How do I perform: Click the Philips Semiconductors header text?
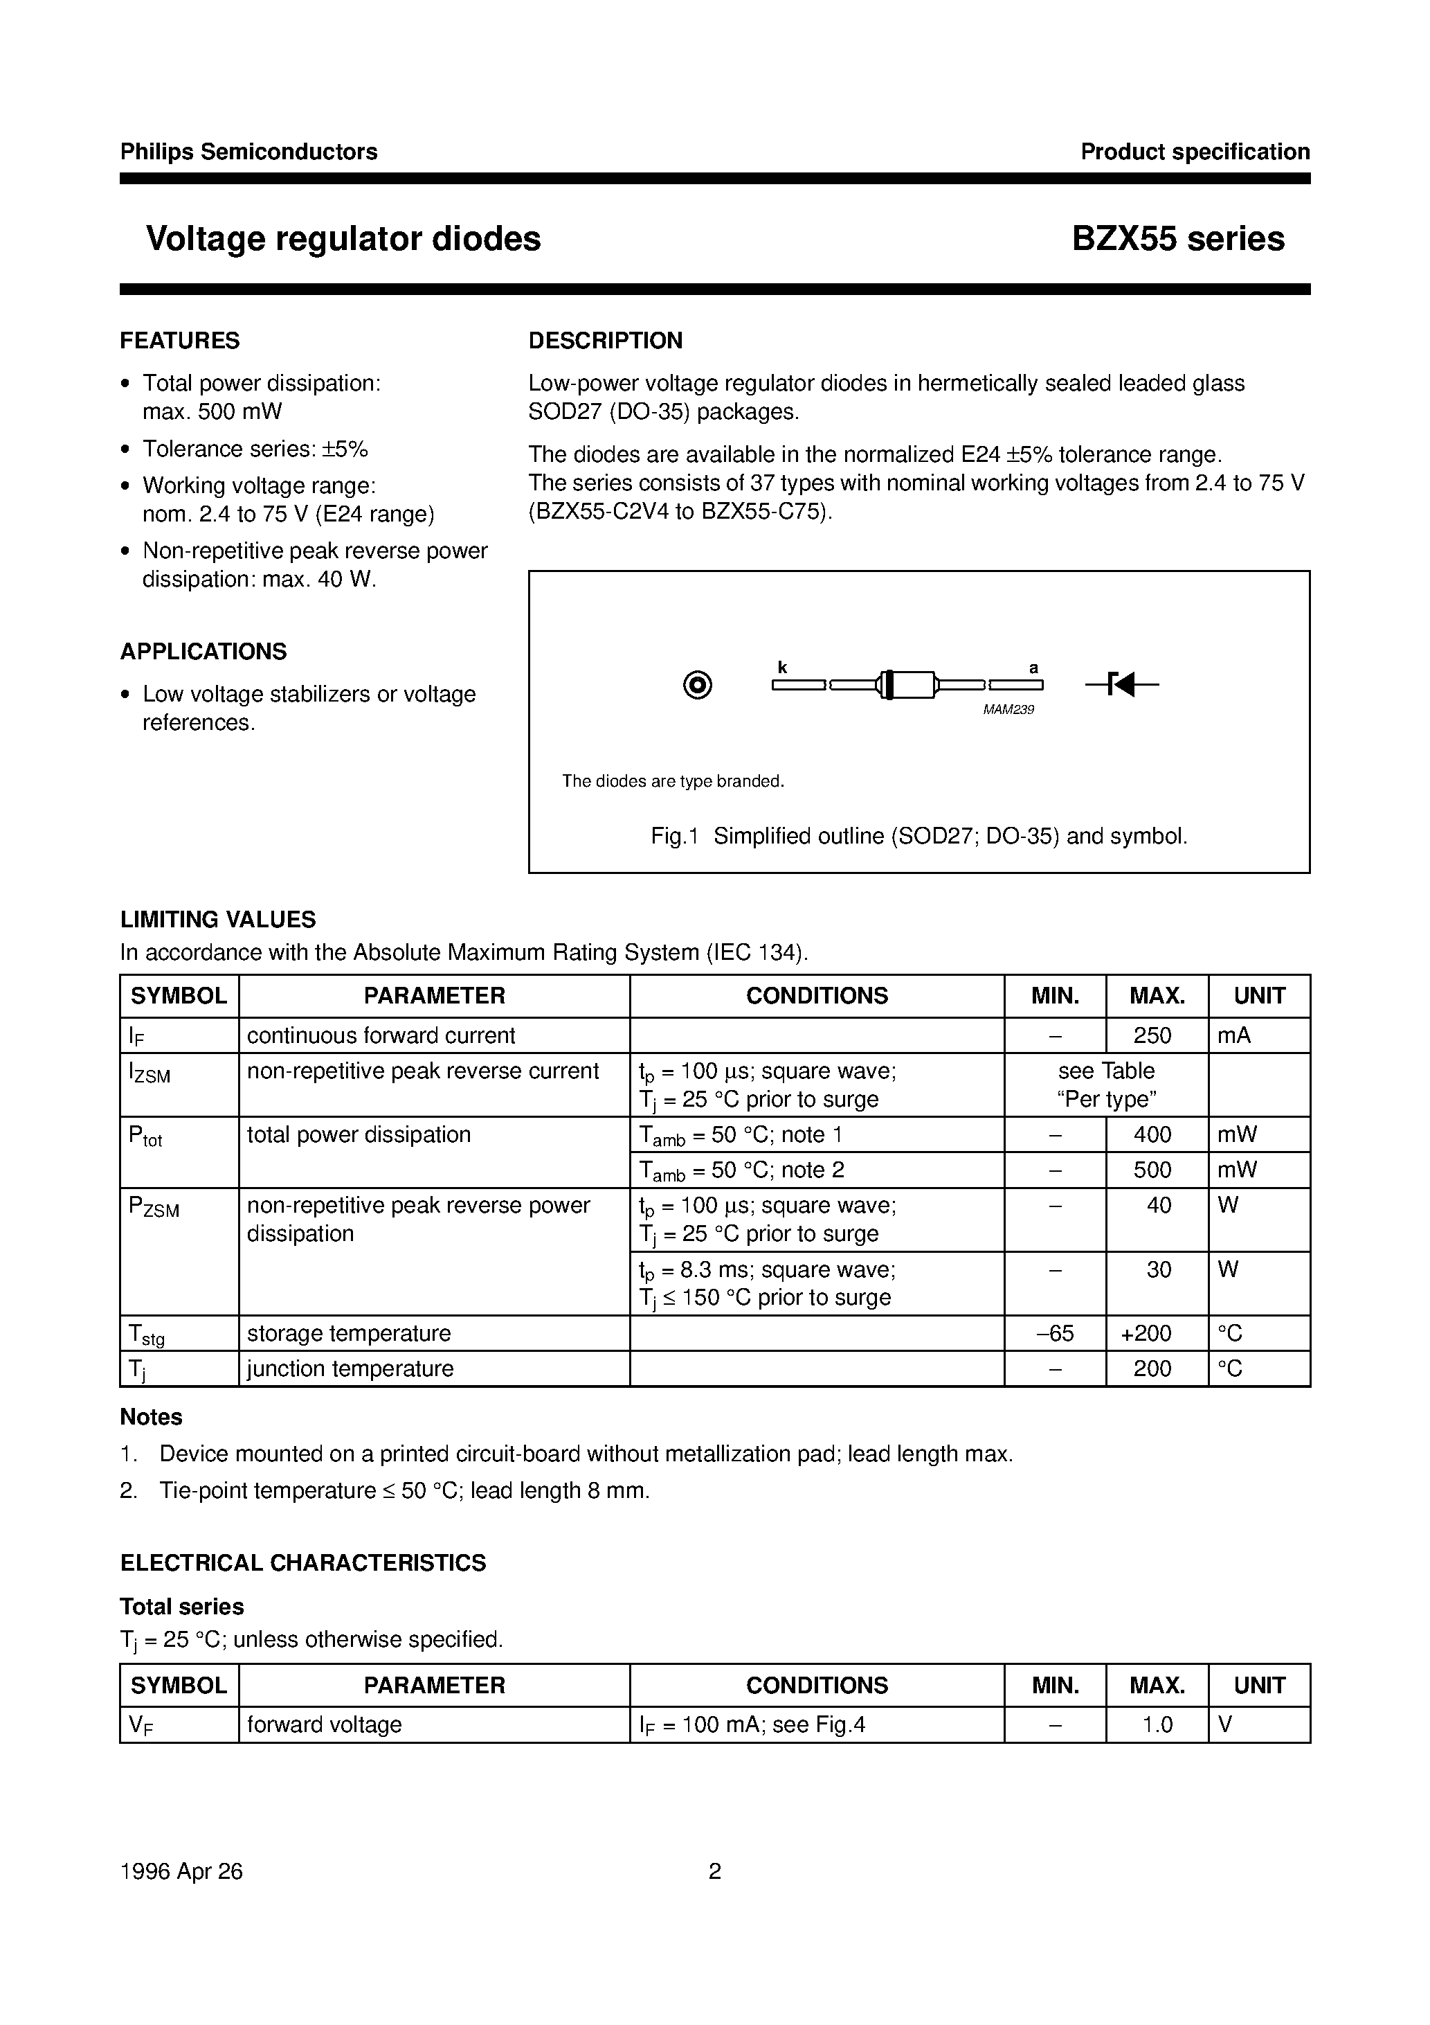pyautogui.click(x=248, y=152)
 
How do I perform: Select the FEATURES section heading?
pyautogui.click(x=180, y=341)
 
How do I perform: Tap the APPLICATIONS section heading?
pyautogui.click(x=203, y=651)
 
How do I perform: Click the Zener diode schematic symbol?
pyautogui.click(x=1121, y=684)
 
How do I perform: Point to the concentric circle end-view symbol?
pyautogui.click(x=698, y=686)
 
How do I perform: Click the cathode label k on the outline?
pyautogui.click(x=781, y=668)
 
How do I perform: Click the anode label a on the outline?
pyautogui.click(x=1033, y=668)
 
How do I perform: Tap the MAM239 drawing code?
pyautogui.click(x=1008, y=710)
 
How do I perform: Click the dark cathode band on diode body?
pyautogui.click(x=888, y=684)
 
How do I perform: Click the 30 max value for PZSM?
pyautogui.click(x=1157, y=1269)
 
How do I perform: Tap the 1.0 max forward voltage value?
pyautogui.click(x=1157, y=1724)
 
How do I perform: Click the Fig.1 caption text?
pyautogui.click(x=918, y=836)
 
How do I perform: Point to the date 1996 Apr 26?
pyautogui.click(x=181, y=1871)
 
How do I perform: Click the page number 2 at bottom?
pyautogui.click(x=714, y=1871)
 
